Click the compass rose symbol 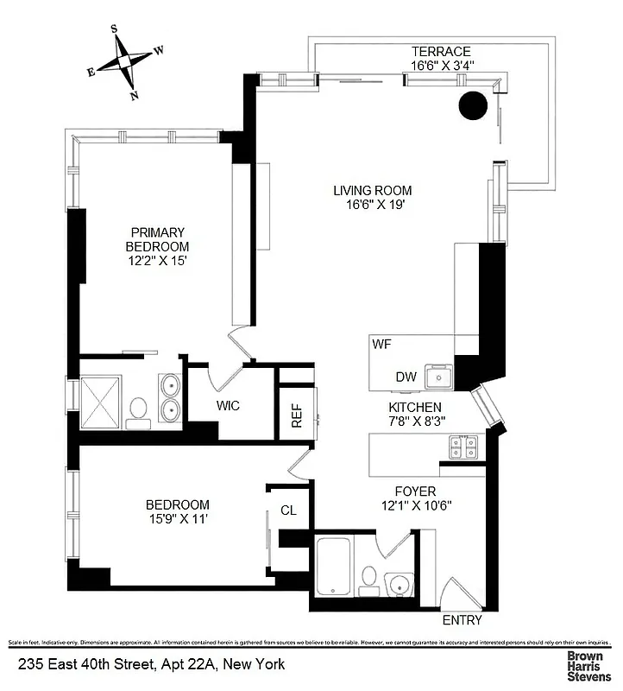tap(126, 60)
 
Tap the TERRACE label tap(440, 52)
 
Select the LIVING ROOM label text tap(373, 191)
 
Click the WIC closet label tap(228, 405)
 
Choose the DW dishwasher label tap(406, 377)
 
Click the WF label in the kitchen tap(382, 344)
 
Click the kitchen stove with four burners tap(463, 447)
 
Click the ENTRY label tap(462, 620)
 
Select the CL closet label tap(288, 510)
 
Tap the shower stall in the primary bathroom tap(103, 403)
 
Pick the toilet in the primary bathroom tap(138, 409)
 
